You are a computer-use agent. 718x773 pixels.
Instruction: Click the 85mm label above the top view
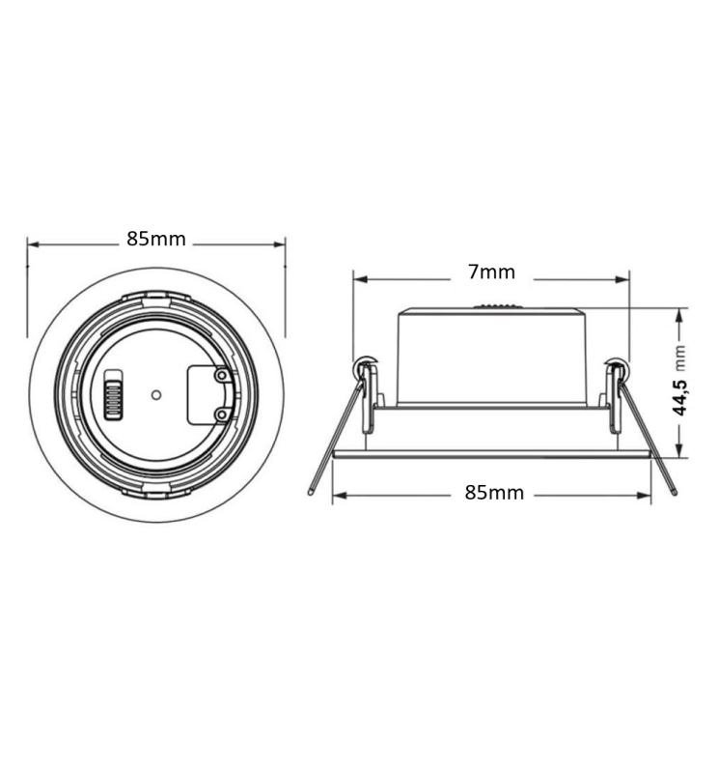pyautogui.click(x=156, y=239)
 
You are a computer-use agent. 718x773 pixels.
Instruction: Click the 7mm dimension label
pyautogui.click(x=491, y=272)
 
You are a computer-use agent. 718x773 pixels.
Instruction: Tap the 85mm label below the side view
pyautogui.click(x=494, y=493)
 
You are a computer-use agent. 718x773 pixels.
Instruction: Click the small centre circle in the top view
pyautogui.click(x=156, y=395)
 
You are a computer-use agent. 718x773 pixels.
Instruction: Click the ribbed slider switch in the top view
pyautogui.click(x=113, y=394)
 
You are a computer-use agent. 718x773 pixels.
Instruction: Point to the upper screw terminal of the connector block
pyautogui.click(x=223, y=376)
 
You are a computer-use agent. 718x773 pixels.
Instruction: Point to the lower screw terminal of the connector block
pyautogui.click(x=223, y=415)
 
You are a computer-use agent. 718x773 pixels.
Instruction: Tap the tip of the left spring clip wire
pyautogui.click(x=310, y=492)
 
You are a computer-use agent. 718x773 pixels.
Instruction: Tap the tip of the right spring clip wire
pyautogui.click(x=675, y=492)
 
